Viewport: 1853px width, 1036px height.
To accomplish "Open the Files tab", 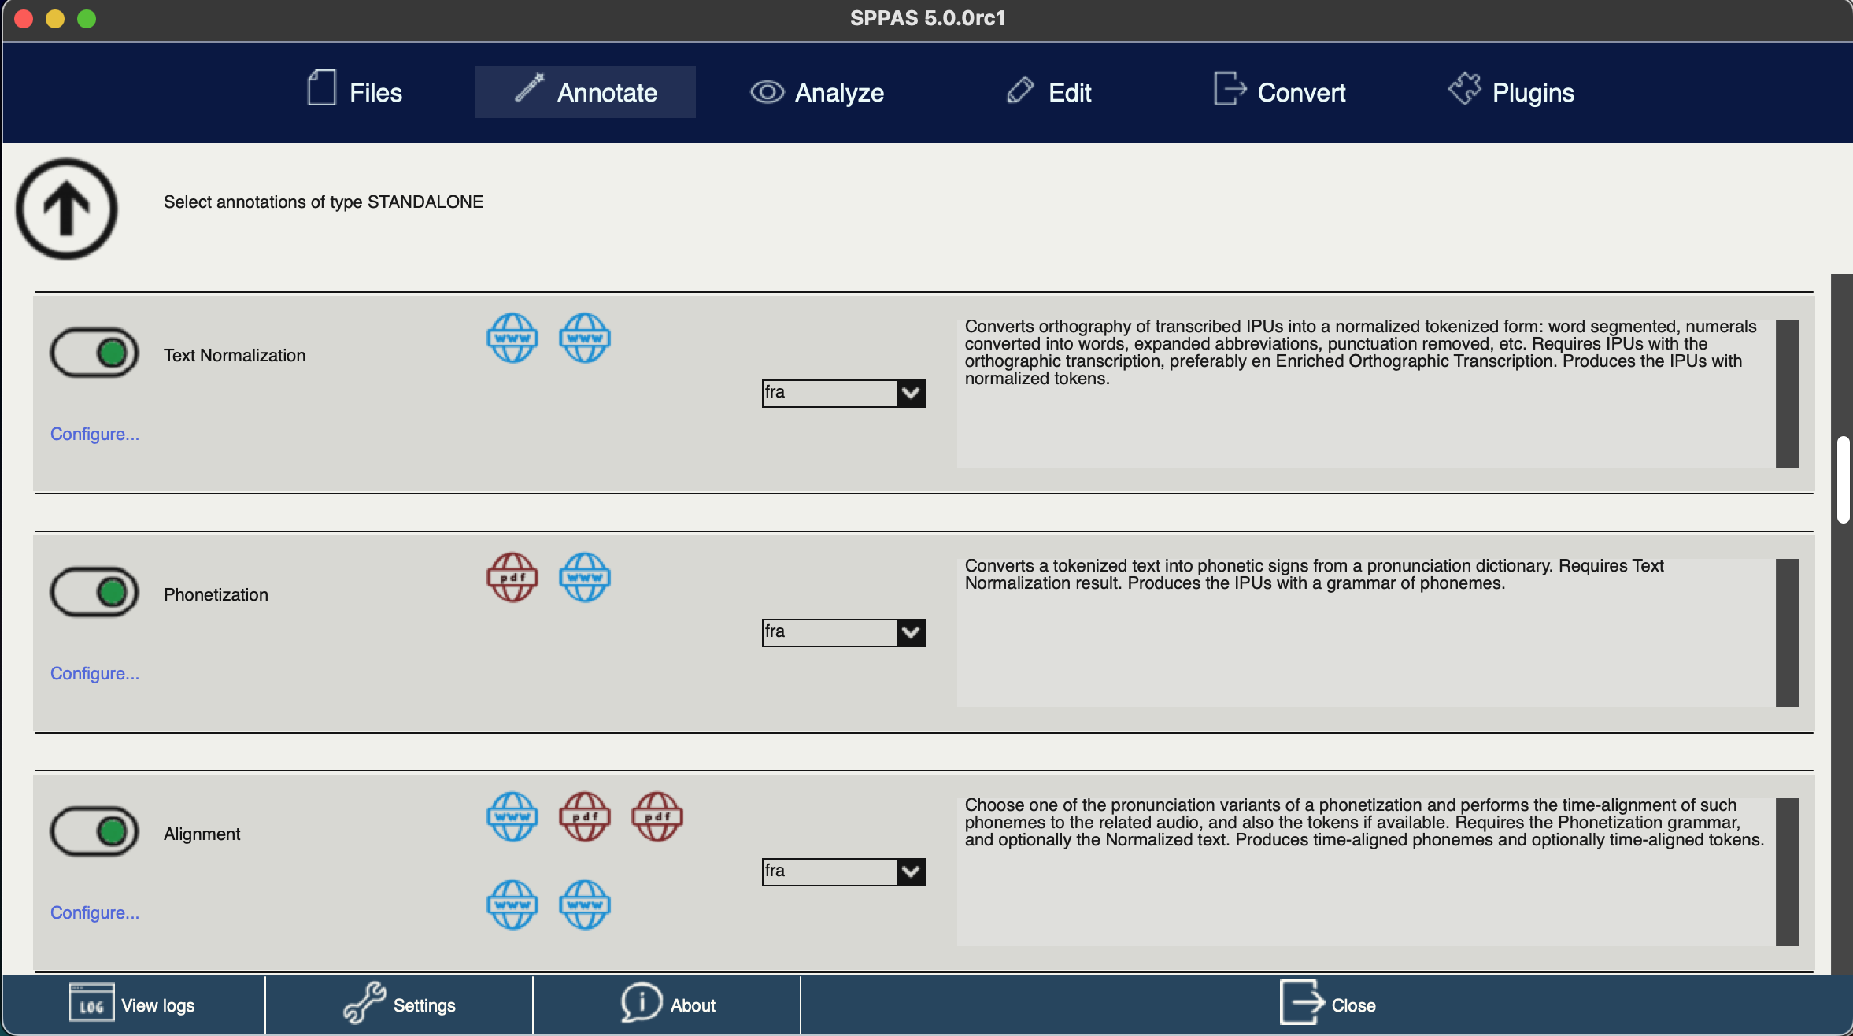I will click(x=355, y=92).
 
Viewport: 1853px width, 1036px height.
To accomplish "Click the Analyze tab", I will click(x=817, y=92).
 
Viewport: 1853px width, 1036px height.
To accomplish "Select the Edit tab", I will click(x=1049, y=92).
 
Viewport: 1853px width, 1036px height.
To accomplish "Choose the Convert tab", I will click(x=1280, y=92).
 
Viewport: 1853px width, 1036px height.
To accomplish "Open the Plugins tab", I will click(x=1511, y=92).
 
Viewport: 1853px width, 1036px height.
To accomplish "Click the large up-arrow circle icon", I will click(x=67, y=209).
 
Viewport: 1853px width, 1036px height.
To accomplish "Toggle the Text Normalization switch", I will click(x=94, y=353).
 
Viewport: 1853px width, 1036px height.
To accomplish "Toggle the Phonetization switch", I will click(x=94, y=592).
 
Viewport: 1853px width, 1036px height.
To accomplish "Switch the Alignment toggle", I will click(x=94, y=831).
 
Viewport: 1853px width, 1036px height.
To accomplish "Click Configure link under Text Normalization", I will click(x=94, y=434).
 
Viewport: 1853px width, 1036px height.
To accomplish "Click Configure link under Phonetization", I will click(x=94, y=673).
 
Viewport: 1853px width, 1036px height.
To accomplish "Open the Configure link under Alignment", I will click(x=94, y=912).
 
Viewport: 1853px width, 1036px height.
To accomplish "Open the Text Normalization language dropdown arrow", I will click(x=911, y=393).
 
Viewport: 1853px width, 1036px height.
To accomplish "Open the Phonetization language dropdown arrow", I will click(x=911, y=632).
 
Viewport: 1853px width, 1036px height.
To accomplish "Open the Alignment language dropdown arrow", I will click(x=911, y=871).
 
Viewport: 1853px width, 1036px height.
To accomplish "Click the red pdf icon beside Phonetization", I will click(x=512, y=577).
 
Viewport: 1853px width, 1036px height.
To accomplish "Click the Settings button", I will click(x=400, y=1005).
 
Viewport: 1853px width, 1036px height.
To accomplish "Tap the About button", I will click(x=668, y=1005).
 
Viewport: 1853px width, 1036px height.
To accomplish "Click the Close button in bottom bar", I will click(x=1327, y=1005).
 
